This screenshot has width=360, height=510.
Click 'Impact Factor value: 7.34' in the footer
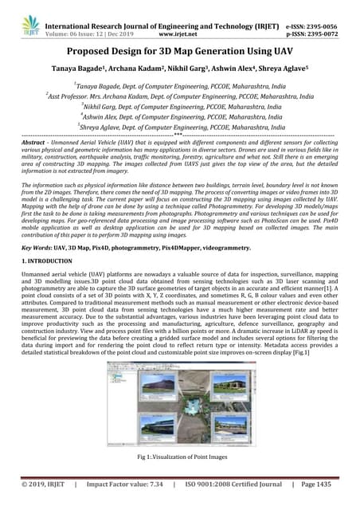click(123, 484)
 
